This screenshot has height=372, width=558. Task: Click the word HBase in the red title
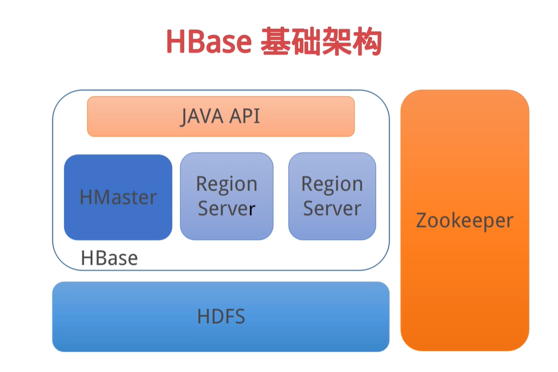click(x=209, y=41)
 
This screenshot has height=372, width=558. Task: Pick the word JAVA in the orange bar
click(x=202, y=116)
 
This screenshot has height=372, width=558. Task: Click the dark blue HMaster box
click(x=118, y=197)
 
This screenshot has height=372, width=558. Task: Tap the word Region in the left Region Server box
click(x=227, y=185)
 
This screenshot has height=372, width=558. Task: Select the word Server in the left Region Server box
click(x=227, y=208)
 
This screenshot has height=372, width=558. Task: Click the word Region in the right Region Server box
click(x=332, y=185)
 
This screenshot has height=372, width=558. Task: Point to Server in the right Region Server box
click(x=332, y=208)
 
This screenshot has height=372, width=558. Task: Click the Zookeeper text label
click(x=465, y=221)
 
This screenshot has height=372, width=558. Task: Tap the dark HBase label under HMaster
click(x=109, y=258)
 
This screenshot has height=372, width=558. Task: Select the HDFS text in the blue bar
click(x=221, y=316)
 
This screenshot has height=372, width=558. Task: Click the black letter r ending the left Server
click(x=252, y=209)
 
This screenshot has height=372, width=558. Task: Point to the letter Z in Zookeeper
click(x=422, y=220)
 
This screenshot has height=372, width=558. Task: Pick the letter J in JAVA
click(x=184, y=117)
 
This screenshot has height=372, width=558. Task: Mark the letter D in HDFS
click(x=217, y=316)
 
